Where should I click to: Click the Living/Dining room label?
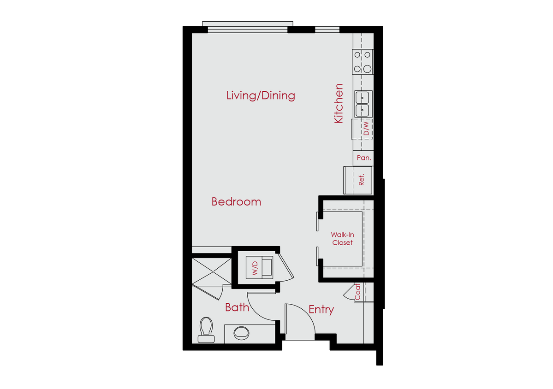click(261, 96)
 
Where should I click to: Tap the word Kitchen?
click(339, 103)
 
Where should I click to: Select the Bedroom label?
click(236, 202)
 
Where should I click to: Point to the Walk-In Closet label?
click(342, 239)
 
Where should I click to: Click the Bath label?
click(237, 307)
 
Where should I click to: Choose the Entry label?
click(321, 310)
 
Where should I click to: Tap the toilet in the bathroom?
click(206, 328)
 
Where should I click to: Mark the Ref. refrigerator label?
click(362, 179)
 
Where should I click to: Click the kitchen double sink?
click(363, 104)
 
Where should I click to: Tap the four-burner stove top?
click(363, 62)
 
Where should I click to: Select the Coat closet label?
click(358, 291)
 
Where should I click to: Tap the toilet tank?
click(206, 339)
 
